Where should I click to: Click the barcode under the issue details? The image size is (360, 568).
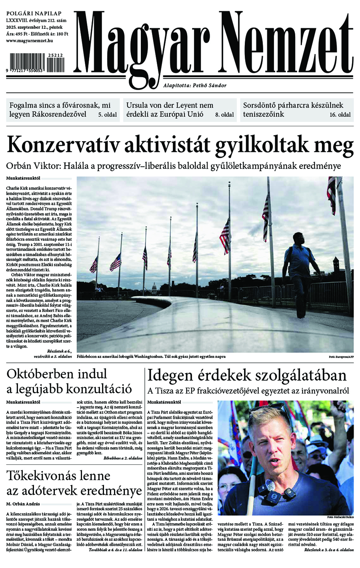point(35,64)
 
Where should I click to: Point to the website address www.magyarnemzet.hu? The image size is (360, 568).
point(30,41)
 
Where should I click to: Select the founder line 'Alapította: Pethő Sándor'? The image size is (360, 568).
point(195,85)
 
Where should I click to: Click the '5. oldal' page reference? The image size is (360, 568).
point(108,115)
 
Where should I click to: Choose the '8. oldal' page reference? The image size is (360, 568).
point(224,115)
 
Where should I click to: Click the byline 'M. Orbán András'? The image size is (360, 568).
point(23,504)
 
